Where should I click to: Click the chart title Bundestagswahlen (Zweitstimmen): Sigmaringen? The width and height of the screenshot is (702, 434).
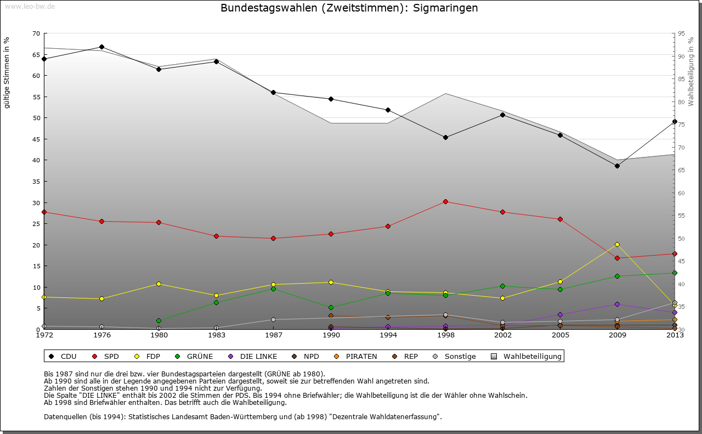[349, 8]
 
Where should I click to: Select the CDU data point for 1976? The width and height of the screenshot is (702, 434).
[101, 47]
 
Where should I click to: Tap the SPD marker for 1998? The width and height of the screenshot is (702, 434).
[445, 201]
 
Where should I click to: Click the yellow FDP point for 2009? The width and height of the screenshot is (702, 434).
[617, 244]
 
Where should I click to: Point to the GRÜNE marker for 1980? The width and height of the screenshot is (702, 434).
[158, 320]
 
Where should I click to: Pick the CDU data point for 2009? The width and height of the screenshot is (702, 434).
[617, 166]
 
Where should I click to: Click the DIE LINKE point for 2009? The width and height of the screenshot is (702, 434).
[617, 304]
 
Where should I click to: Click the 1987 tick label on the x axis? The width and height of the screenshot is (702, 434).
[273, 335]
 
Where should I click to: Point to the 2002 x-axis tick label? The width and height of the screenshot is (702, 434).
[502, 335]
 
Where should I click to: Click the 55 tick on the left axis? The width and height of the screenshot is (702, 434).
[36, 97]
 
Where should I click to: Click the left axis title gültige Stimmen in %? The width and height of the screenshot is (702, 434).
[7, 72]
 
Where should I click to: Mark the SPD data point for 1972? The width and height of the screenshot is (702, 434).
[44, 212]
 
